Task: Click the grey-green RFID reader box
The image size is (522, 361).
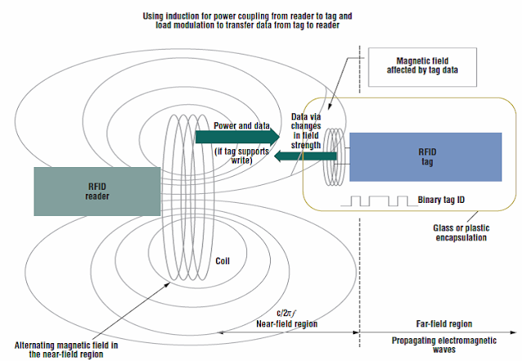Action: [x=97, y=191]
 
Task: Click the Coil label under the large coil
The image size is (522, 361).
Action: [x=223, y=262]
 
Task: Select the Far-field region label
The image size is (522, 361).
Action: [x=404, y=323]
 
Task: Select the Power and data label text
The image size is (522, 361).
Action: [x=241, y=126]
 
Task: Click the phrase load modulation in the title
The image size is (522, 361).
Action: [x=193, y=24]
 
